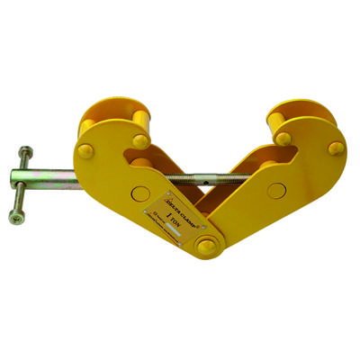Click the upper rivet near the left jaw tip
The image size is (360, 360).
click(x=140, y=139)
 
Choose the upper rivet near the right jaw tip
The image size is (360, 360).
click(x=283, y=138)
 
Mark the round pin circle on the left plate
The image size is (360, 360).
click(x=139, y=193)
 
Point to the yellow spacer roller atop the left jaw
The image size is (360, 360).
click(x=117, y=119)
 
